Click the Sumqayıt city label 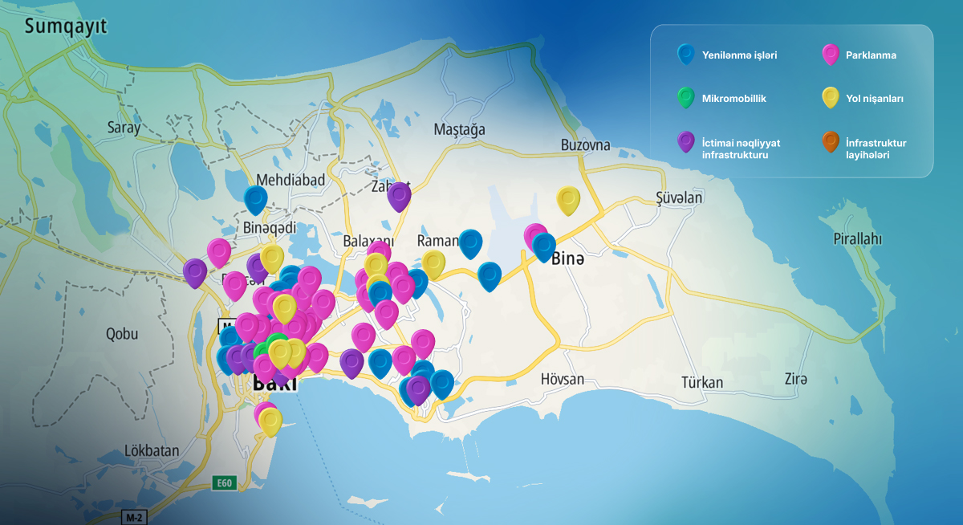click(66, 27)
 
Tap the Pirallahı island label click(857, 239)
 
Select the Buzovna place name click(585, 145)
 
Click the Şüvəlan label click(679, 197)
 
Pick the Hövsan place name click(562, 379)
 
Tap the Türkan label click(701, 382)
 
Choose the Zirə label click(795, 379)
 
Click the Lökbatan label click(152, 450)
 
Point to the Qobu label click(122, 334)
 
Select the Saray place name click(124, 127)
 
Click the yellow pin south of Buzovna click(568, 200)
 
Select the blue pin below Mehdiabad click(255, 198)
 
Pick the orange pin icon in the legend click(831, 142)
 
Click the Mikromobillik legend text click(733, 99)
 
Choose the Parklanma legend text click(871, 55)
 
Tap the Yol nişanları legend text click(875, 99)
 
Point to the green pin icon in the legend click(685, 98)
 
